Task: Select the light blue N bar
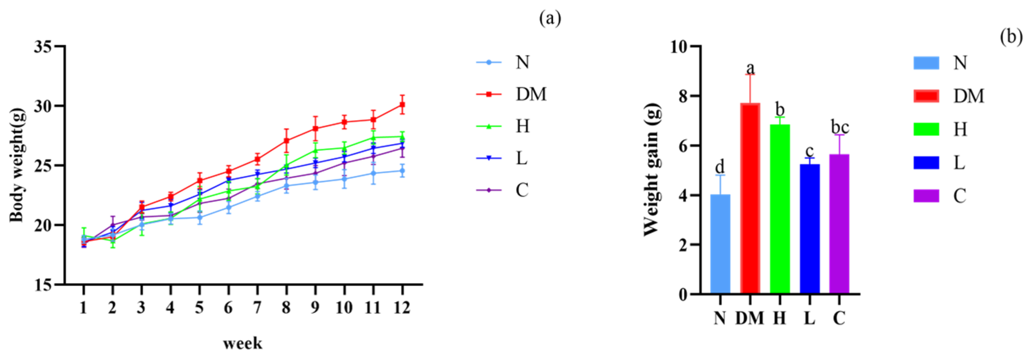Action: (720, 244)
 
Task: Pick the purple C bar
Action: (839, 224)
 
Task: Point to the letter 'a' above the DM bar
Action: (750, 68)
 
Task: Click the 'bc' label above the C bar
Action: (840, 127)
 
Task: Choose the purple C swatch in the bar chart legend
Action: (926, 196)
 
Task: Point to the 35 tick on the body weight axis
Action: (43, 47)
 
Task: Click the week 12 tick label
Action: (402, 308)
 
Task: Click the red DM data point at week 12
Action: (402, 105)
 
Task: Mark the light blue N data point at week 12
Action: (402, 171)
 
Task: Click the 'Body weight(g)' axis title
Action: (17, 165)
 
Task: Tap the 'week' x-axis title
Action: (243, 343)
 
